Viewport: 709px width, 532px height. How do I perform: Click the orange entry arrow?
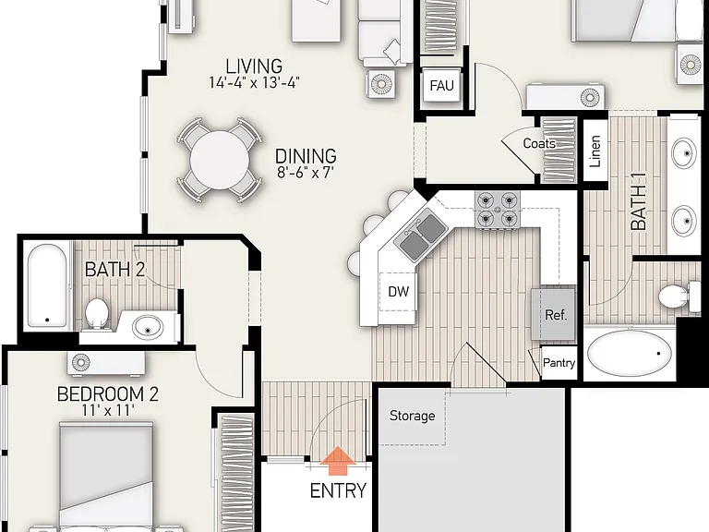(338, 461)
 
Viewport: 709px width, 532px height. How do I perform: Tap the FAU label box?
(441, 86)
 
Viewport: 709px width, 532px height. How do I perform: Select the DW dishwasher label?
(399, 292)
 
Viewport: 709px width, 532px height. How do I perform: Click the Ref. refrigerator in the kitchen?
(554, 314)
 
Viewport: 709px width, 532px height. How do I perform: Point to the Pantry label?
(559, 363)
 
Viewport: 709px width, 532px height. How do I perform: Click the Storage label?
(413, 416)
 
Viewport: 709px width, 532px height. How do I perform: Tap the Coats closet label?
(539, 144)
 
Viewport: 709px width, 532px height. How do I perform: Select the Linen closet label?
(595, 151)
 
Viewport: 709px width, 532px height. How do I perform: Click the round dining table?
(220, 160)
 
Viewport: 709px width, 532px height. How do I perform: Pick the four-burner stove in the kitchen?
(498, 210)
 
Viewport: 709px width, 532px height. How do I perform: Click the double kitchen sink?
(420, 235)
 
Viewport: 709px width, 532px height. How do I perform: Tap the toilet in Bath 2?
(96, 312)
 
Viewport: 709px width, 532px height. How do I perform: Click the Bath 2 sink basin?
(148, 327)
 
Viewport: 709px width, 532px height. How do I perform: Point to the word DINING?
(306, 156)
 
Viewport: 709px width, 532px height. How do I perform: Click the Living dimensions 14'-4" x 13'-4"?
(254, 83)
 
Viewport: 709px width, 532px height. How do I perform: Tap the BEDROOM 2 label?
(108, 394)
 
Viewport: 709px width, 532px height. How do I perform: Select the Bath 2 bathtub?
(47, 286)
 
